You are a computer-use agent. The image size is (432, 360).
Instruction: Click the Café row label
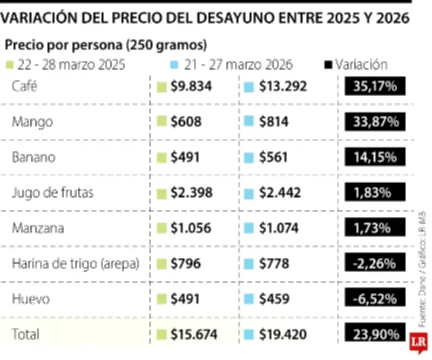(26, 86)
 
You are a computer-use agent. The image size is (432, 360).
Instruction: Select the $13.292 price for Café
(282, 86)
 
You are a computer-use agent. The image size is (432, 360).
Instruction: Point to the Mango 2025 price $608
(186, 122)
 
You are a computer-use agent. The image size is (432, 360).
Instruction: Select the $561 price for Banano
(274, 157)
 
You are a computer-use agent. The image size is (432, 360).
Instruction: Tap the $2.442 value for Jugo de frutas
(280, 192)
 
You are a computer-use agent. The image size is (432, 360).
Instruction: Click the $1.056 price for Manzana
(191, 228)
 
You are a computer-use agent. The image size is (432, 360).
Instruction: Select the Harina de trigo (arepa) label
(76, 264)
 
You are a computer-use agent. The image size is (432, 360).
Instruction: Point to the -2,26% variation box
(375, 264)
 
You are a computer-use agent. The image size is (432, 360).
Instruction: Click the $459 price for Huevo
(274, 299)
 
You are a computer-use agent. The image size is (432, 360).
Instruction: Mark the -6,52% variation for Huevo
(375, 299)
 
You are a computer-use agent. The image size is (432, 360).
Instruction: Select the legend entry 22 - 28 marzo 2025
(66, 65)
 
